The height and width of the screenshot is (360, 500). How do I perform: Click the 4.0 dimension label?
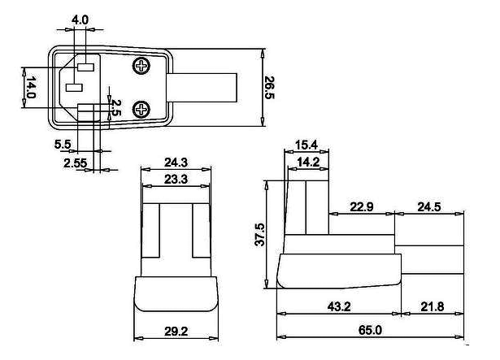click(x=80, y=20)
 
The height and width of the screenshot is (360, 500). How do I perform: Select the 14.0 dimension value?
click(x=31, y=87)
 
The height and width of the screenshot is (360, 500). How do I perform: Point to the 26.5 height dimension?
click(x=269, y=88)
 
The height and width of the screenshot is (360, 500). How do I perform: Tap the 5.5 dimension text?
click(x=63, y=144)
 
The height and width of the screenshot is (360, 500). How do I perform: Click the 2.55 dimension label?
click(x=76, y=163)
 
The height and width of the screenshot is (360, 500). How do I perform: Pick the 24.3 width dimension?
click(x=176, y=163)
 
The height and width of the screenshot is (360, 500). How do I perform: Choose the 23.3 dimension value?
click(x=176, y=180)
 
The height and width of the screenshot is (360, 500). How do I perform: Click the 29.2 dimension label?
click(x=176, y=332)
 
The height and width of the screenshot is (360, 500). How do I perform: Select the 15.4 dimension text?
click(x=307, y=145)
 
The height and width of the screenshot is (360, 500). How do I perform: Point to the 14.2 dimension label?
click(x=308, y=163)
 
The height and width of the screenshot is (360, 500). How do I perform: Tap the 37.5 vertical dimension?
click(x=260, y=234)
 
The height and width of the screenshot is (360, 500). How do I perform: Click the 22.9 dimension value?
click(x=362, y=206)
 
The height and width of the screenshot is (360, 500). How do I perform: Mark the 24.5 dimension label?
click(x=429, y=206)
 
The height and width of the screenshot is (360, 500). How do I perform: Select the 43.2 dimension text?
click(x=339, y=306)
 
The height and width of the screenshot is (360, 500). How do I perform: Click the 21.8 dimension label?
click(x=433, y=306)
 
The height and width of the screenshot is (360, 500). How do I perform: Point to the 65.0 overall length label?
click(x=370, y=330)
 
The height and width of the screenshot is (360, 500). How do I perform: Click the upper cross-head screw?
click(x=141, y=66)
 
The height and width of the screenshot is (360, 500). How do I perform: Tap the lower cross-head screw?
click(x=141, y=110)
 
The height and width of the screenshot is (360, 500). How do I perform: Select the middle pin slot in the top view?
click(x=74, y=88)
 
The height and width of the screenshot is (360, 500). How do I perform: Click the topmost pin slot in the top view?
click(x=85, y=67)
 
